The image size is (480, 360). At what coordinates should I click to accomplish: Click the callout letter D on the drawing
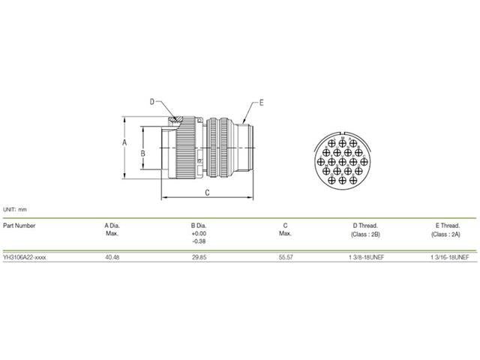(x=151, y=101)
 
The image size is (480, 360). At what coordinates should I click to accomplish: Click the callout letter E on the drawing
(x=262, y=101)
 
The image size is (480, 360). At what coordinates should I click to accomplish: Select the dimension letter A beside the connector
(x=126, y=141)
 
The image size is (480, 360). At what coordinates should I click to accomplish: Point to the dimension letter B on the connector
(x=142, y=152)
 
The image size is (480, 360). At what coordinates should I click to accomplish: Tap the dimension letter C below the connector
(x=207, y=193)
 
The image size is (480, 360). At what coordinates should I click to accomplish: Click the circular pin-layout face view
(x=341, y=159)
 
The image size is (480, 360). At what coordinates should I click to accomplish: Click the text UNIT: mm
(x=15, y=209)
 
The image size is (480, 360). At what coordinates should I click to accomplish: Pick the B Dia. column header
(x=199, y=225)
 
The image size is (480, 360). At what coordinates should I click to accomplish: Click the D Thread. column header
(x=365, y=225)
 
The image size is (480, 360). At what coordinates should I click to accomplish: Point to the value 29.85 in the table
(x=199, y=256)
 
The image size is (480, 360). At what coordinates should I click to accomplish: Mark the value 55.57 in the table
(x=285, y=256)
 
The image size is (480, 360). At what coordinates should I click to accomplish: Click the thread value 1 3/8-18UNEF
(x=365, y=256)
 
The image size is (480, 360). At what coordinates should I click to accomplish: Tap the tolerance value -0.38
(x=199, y=241)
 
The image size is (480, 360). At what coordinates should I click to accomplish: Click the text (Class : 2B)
(x=365, y=234)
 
